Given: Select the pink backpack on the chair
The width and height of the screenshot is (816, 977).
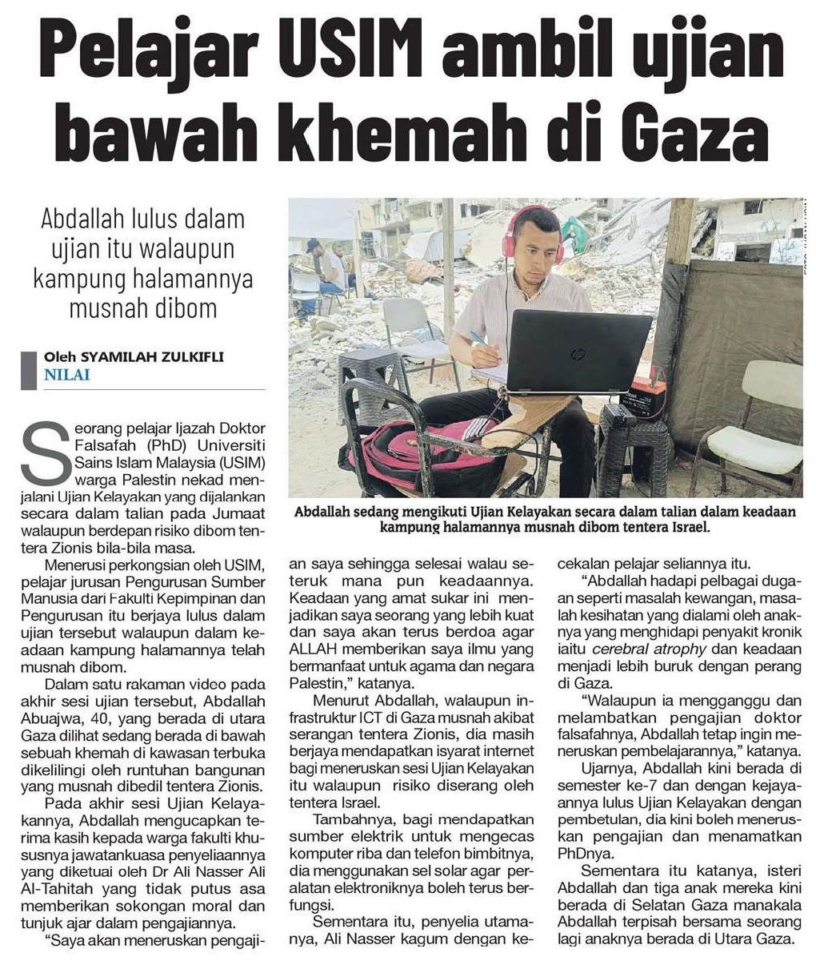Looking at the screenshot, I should point(416,456).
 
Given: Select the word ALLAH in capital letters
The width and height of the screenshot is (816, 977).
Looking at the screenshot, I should point(313,648).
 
